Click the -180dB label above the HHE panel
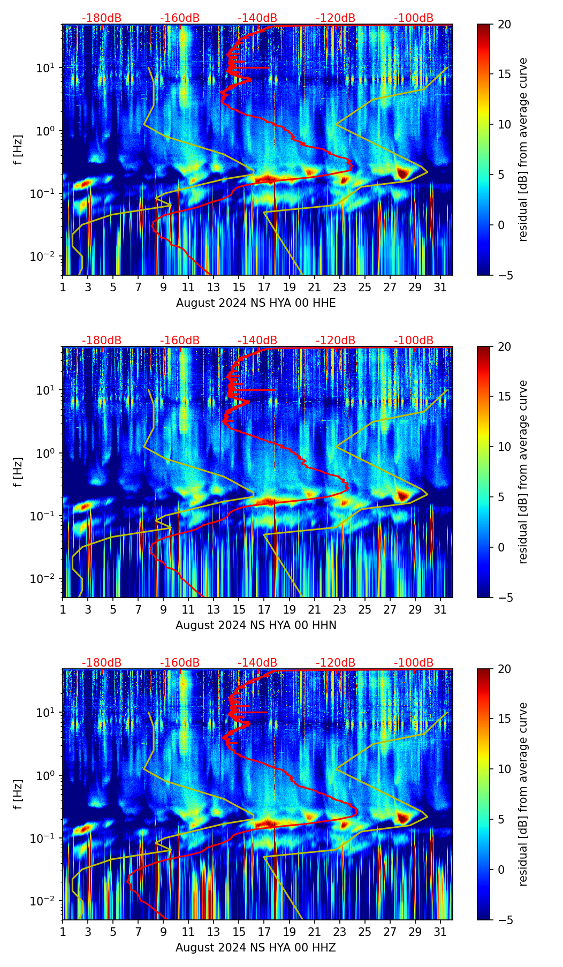[x=102, y=18]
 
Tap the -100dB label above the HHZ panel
[x=414, y=663]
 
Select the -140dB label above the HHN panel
[x=257, y=341]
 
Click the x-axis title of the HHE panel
[x=256, y=303]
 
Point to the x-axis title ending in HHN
[x=256, y=625]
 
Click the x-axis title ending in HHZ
[x=256, y=948]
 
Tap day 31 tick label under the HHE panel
[x=440, y=288]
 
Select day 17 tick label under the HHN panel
[x=264, y=610]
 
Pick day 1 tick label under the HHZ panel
[x=63, y=932]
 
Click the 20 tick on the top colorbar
[x=504, y=25]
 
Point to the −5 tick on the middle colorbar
[x=504, y=598]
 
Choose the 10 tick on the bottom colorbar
[x=504, y=769]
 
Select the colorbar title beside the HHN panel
[x=523, y=472]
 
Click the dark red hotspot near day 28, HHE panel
[x=402, y=173]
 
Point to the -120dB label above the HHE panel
[x=336, y=18]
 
